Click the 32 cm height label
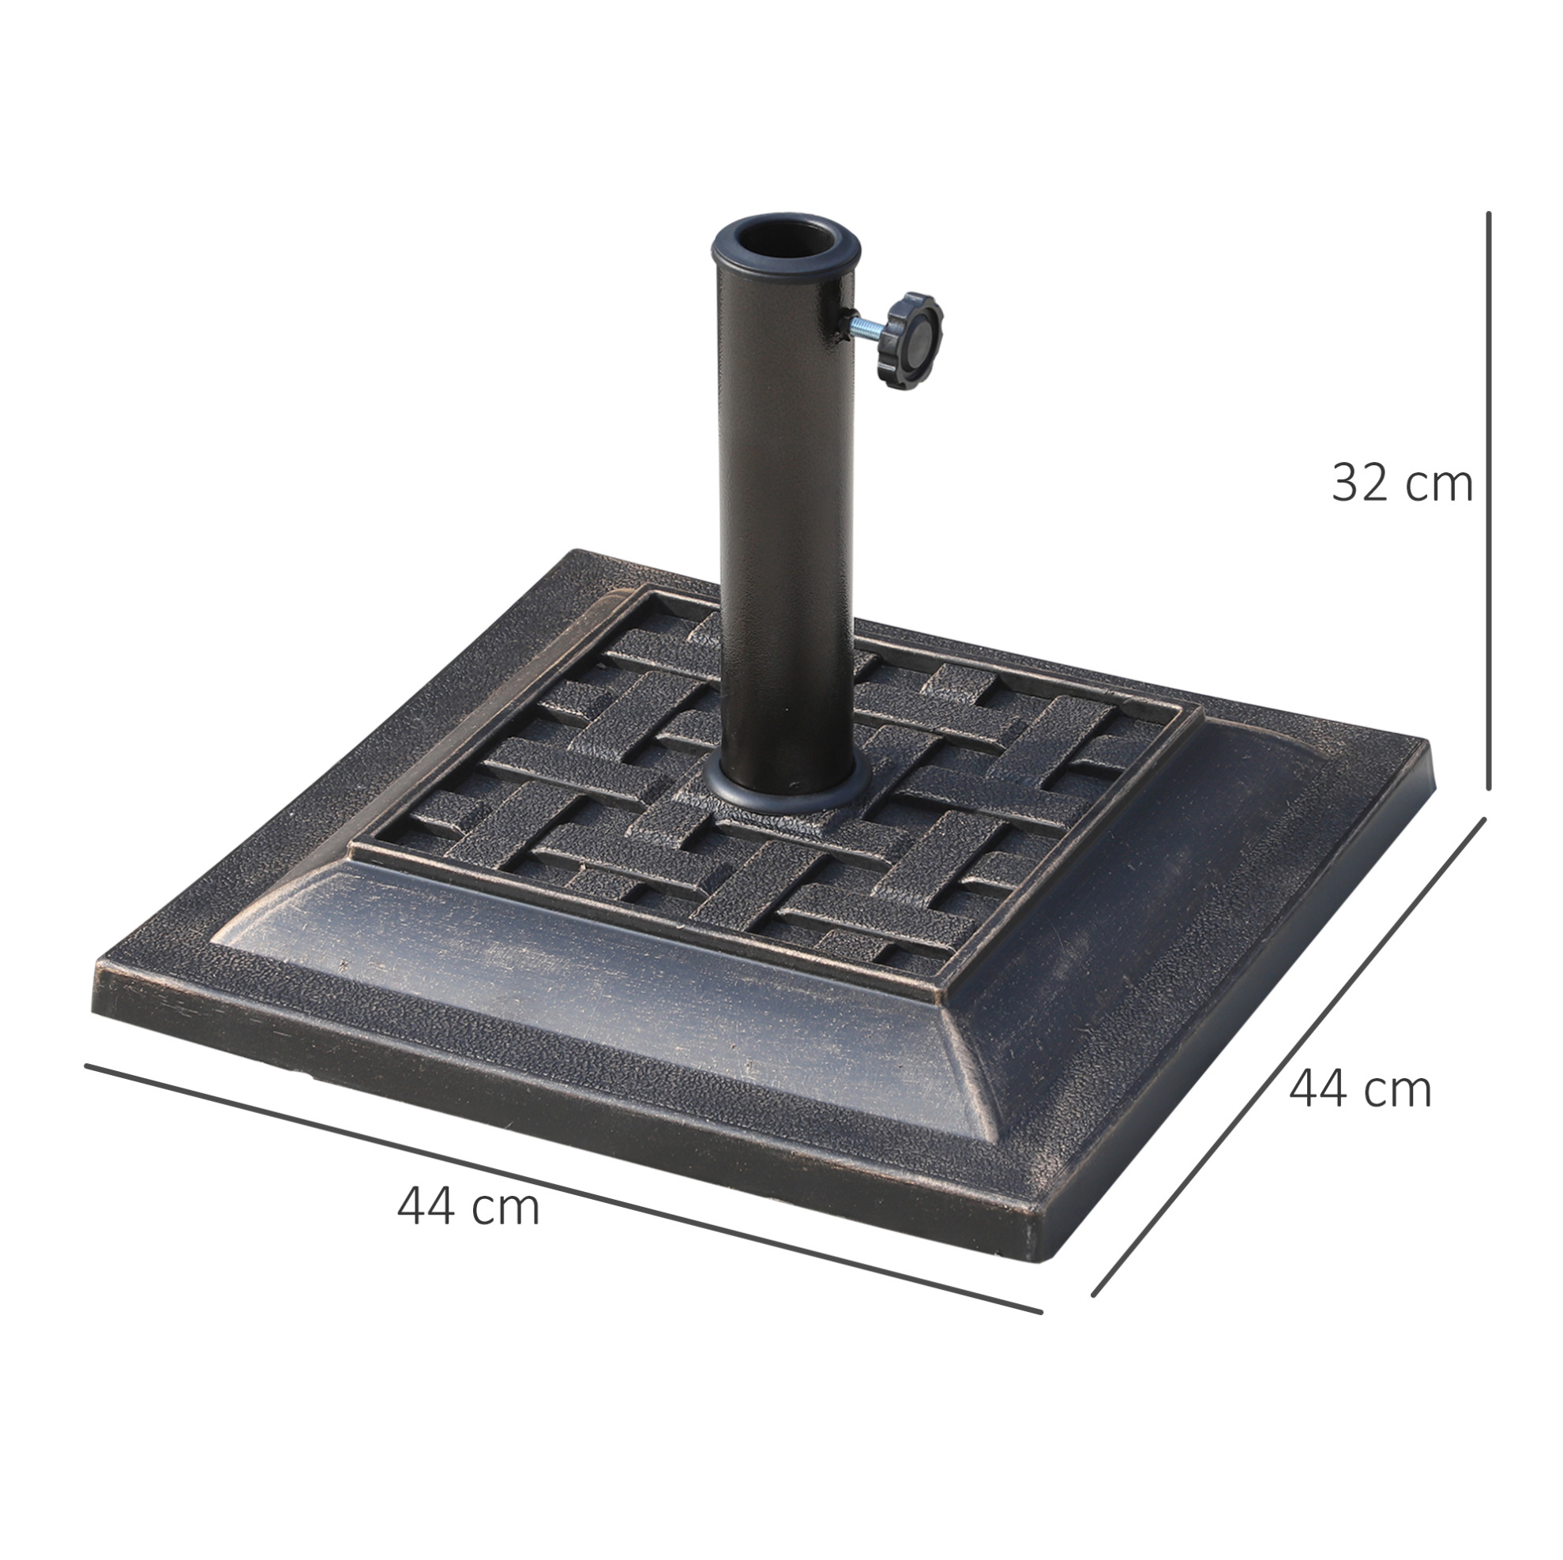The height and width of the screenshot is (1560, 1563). pyautogui.click(x=1402, y=483)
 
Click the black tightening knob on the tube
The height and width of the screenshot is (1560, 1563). pyautogui.click(x=913, y=340)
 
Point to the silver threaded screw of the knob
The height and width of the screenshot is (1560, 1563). pyautogui.click(x=867, y=326)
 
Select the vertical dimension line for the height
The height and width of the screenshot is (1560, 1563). pyautogui.click(x=1489, y=501)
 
